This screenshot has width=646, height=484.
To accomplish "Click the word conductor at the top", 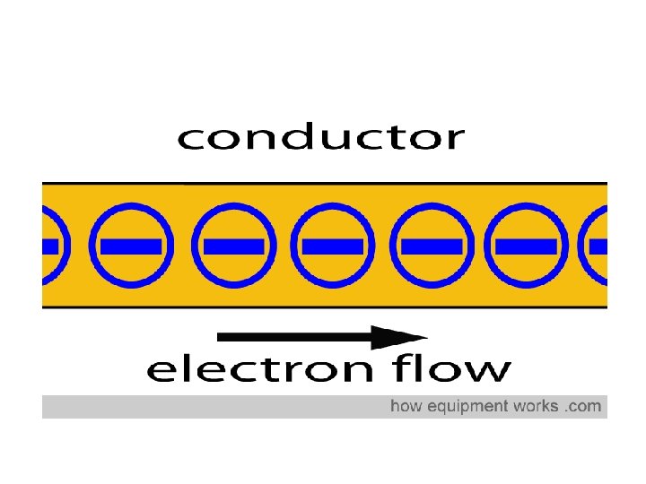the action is click(x=321, y=138).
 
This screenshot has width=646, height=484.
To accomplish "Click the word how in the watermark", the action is click(x=405, y=407).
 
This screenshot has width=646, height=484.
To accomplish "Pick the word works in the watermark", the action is click(x=536, y=407).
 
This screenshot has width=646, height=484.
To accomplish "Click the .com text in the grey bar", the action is click(x=583, y=407).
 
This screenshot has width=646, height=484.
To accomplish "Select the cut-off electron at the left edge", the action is click(x=50, y=245).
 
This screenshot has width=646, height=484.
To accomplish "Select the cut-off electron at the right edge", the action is click(x=597, y=245).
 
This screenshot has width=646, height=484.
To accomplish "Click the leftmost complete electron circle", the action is click(x=131, y=245).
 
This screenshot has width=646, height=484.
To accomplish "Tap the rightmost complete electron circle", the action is click(x=526, y=245).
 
